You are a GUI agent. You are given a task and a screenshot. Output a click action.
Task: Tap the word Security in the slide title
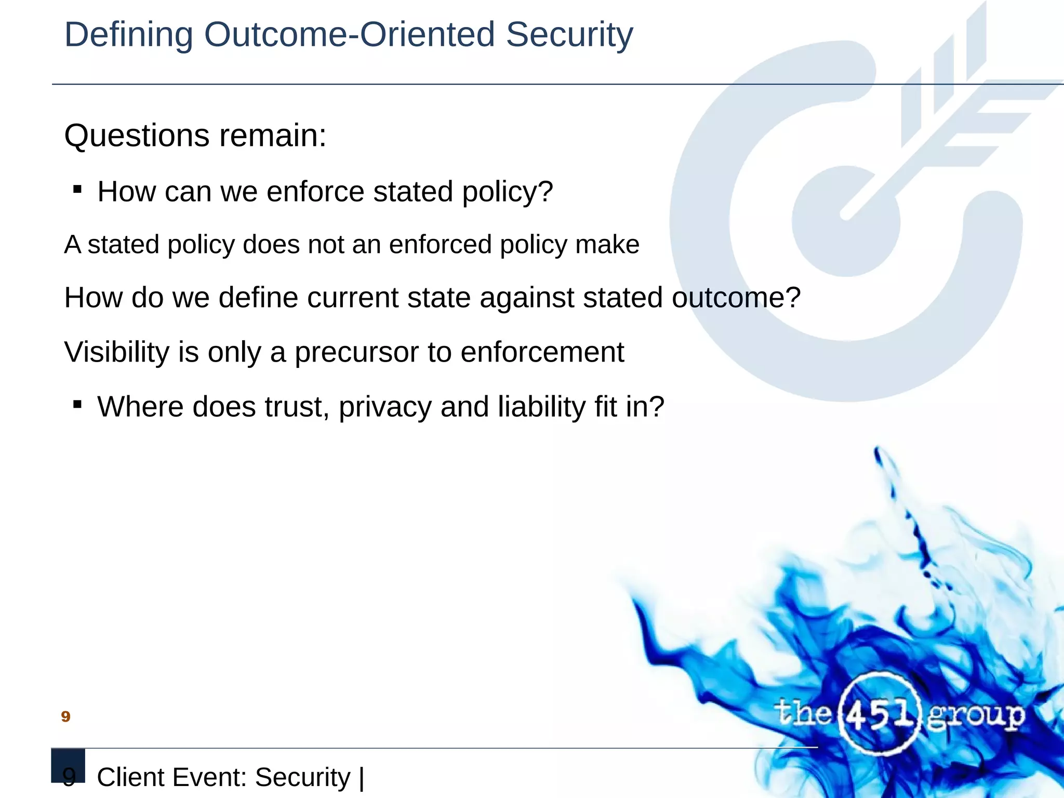point(569,35)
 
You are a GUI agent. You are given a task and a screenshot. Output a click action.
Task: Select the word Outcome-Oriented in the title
point(349,35)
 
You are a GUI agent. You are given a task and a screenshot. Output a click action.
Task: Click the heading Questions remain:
point(195,136)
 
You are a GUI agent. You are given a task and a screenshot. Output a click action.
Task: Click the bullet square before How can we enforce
point(77,190)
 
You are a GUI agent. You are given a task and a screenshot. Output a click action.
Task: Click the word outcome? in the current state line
point(736,298)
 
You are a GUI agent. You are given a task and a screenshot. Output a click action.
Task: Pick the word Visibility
point(116,352)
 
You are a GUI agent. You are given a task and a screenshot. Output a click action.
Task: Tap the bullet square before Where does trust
point(77,404)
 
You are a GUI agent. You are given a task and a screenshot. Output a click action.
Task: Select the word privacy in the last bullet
point(385,407)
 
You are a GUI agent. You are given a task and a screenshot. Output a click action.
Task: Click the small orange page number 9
point(65,717)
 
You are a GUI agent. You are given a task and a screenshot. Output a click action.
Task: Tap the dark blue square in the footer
point(68,765)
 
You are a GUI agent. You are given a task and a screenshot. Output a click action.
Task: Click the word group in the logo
point(975,716)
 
